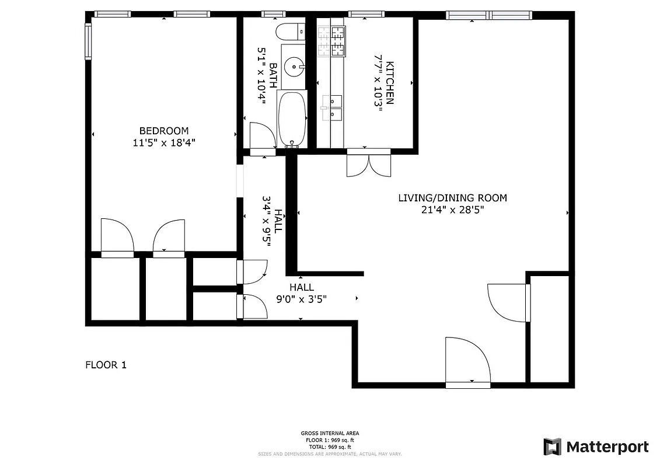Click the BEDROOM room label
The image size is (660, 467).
click(x=163, y=131)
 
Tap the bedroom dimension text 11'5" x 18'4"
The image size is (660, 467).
click(x=163, y=142)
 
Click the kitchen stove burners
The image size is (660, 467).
click(x=331, y=40)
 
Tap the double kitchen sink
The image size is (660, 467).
click(x=332, y=108)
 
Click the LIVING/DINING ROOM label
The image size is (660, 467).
click(x=452, y=198)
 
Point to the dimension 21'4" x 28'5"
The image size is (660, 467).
click(x=452, y=209)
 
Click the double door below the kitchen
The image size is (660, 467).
click(x=368, y=163)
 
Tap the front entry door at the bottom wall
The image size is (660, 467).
click(x=467, y=361)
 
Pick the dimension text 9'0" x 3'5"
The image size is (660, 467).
click(x=301, y=299)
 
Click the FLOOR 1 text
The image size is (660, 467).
click(x=106, y=365)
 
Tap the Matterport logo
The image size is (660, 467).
click(x=596, y=447)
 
